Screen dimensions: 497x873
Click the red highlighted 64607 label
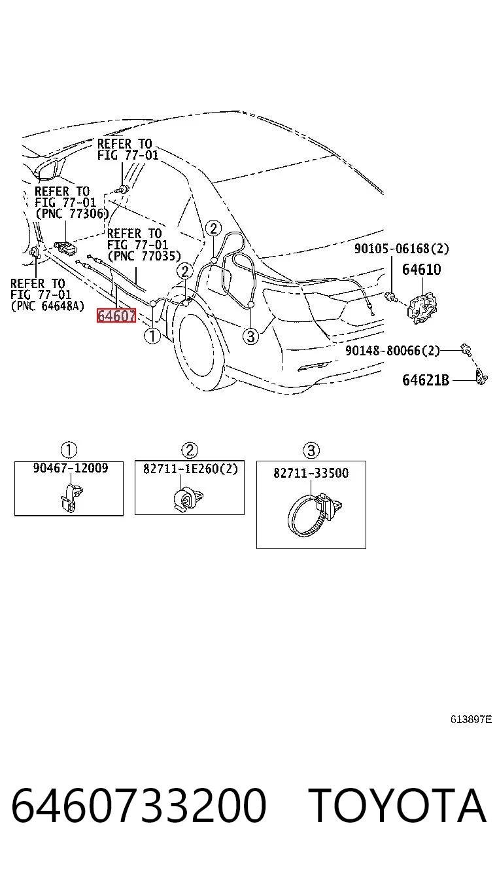[116, 315]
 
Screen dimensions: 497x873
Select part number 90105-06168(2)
[402, 249]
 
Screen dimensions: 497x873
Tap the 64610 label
[421, 270]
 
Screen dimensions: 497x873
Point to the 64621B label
[426, 380]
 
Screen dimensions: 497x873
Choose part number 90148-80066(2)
[392, 350]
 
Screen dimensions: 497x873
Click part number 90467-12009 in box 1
[71, 468]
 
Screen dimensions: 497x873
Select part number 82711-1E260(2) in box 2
[190, 469]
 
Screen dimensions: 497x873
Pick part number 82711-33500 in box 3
[311, 472]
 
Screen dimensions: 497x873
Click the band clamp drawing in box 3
[315, 514]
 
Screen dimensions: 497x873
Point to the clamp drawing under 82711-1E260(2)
[188, 499]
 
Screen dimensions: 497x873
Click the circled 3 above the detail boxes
[311, 450]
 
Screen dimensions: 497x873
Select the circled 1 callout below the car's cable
[152, 336]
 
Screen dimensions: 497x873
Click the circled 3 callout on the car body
[251, 336]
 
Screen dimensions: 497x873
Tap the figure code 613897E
[471, 719]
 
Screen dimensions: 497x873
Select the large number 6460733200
[139, 806]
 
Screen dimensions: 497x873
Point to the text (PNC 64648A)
[47, 306]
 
